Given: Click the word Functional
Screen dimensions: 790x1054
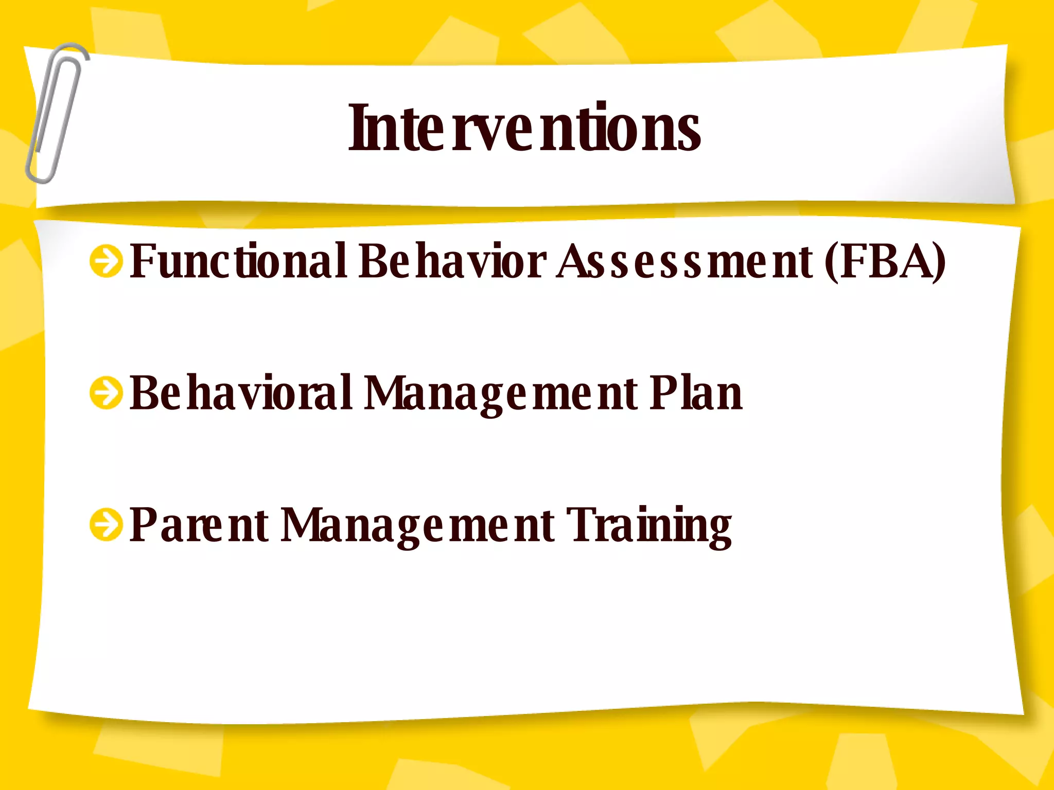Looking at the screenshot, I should tap(238, 261).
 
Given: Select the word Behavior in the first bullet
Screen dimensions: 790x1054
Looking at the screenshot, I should tap(452, 261).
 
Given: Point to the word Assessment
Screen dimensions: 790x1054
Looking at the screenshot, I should tap(684, 261).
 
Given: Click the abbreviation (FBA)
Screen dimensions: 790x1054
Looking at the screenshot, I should tap(885, 261).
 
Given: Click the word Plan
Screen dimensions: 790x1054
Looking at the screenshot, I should tap(696, 393).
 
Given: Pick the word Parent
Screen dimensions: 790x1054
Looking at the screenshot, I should tap(199, 526).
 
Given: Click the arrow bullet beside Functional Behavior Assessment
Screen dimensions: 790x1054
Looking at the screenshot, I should tap(106, 261).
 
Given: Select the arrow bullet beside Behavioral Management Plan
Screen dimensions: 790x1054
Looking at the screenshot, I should tap(106, 393).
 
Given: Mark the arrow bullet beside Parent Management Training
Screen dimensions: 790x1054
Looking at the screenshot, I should tap(106, 526).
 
